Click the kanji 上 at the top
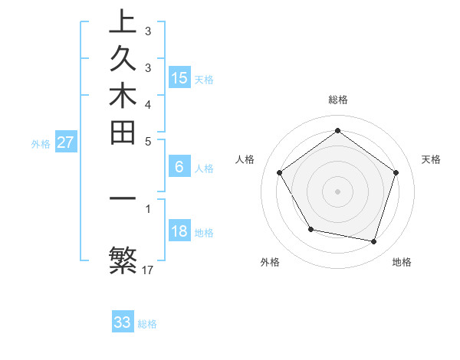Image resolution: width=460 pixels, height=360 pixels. [123, 21]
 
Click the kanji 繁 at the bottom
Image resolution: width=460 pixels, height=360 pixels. [123, 260]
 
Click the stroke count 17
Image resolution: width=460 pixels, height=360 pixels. [148, 270]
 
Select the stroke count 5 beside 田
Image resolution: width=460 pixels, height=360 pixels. [148, 141]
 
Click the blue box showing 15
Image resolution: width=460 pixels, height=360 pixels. [179, 78]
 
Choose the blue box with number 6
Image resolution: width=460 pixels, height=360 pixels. [179, 167]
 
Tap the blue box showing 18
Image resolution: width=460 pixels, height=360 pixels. [179, 231]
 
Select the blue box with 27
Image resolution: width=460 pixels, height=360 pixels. [66, 142]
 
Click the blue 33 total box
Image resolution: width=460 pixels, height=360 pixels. [123, 322]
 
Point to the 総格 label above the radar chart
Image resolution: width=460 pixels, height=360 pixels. [338, 100]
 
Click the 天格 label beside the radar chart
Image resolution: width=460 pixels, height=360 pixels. [431, 159]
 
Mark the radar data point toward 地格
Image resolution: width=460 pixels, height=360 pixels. [373, 241]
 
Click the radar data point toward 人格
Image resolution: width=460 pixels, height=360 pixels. [280, 172]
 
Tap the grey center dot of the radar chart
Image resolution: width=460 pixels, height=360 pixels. [338, 191]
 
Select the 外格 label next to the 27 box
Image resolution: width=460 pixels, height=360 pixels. [41, 143]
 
